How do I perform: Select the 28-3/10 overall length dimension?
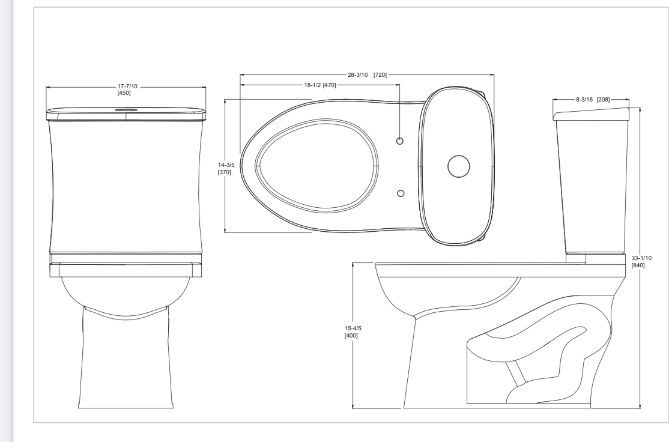(x=359, y=75)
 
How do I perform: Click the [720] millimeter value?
(x=380, y=75)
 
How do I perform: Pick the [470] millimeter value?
(x=330, y=85)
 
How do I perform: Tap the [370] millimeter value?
(x=225, y=172)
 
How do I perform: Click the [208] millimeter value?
(x=603, y=99)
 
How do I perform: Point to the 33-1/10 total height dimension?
(x=641, y=258)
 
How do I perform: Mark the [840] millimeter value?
(x=638, y=265)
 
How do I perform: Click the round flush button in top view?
(x=458, y=166)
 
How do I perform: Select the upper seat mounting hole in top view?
(x=401, y=141)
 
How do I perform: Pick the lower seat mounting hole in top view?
(x=401, y=193)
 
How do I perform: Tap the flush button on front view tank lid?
(x=126, y=110)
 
